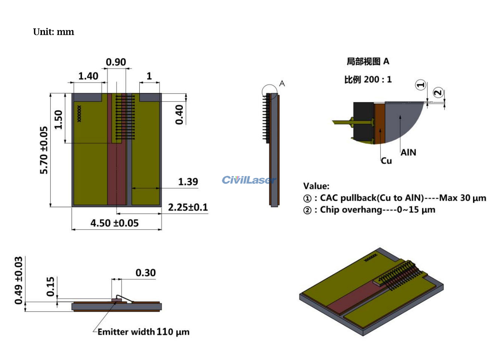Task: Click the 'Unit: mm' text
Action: pyautogui.click(x=54, y=32)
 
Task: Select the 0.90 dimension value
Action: pyautogui.click(x=116, y=62)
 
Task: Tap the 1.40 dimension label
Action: pyautogui.click(x=88, y=76)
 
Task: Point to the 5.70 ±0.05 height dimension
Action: pyautogui.click(x=44, y=150)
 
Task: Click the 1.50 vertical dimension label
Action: pyautogui.click(x=58, y=120)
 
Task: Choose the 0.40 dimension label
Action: pyautogui.click(x=179, y=115)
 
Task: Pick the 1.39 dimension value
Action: pyautogui.click(x=188, y=182)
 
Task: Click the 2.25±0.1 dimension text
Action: pyautogui.click(x=188, y=207)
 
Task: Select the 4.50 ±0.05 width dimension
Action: pyautogui.click(x=114, y=223)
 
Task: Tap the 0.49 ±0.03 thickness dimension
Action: pyautogui.click(x=18, y=280)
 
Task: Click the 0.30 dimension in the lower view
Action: pyautogui.click(x=145, y=273)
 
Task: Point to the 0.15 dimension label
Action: pyautogui.click(x=50, y=287)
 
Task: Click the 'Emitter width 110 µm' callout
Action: pyautogui.click(x=143, y=332)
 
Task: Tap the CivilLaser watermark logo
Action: pyautogui.click(x=249, y=180)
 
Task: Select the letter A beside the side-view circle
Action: pyautogui.click(x=282, y=83)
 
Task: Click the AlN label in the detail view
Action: pyautogui.click(x=408, y=152)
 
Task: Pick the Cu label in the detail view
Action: pyautogui.click(x=386, y=161)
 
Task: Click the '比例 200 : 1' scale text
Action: pyautogui.click(x=368, y=79)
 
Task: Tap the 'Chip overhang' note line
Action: pyautogui.click(x=369, y=210)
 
